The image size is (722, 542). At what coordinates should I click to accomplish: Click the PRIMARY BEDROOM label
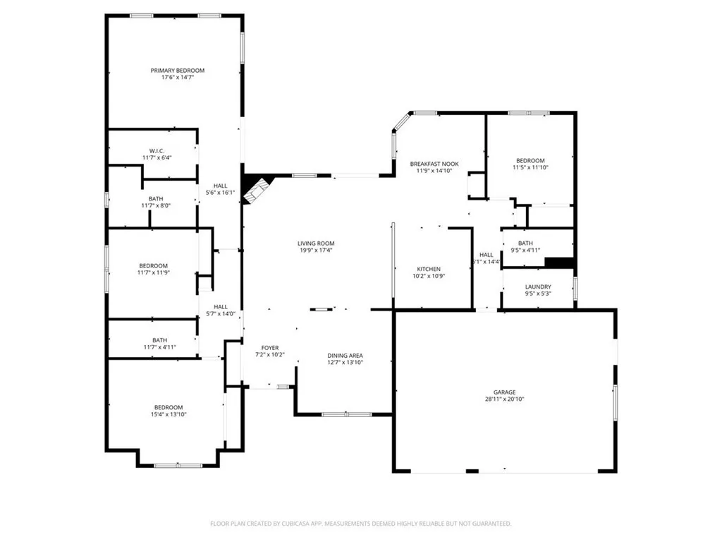[177, 70]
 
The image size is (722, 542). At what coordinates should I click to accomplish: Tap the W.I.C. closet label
[157, 150]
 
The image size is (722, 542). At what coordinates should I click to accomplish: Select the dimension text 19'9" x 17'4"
[315, 250]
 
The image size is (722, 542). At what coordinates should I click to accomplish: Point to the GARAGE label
[504, 392]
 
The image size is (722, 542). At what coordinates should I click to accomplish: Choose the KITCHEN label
[429, 269]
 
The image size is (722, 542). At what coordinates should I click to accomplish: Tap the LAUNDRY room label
[538, 287]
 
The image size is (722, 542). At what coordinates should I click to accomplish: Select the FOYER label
[270, 348]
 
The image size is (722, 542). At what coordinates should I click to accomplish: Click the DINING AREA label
[345, 355]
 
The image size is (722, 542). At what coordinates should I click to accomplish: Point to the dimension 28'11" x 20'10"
[504, 399]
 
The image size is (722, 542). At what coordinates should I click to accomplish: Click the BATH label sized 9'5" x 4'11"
[525, 243]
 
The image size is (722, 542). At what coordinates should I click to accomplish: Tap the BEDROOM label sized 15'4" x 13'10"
[169, 407]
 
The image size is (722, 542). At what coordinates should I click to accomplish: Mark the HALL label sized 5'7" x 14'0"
[220, 306]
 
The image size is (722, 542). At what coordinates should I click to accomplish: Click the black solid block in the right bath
[561, 263]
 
